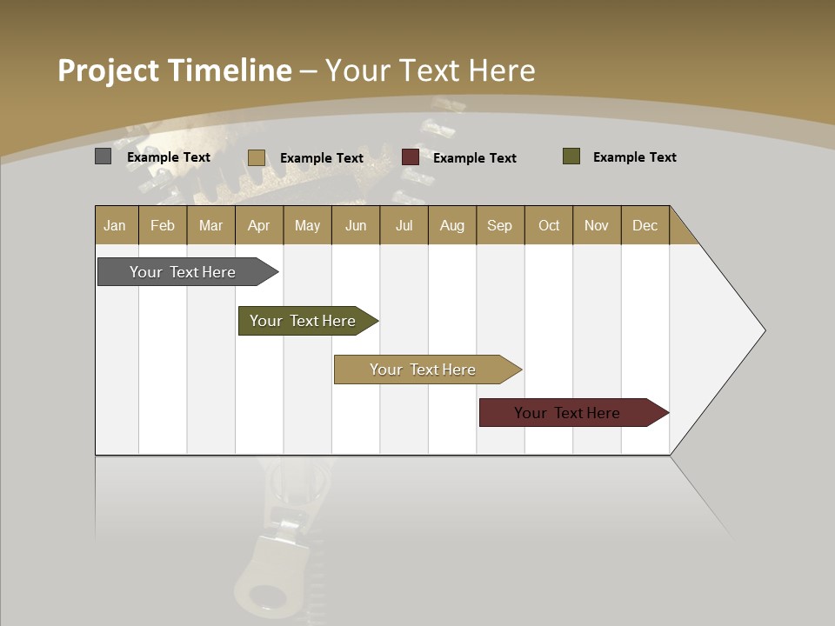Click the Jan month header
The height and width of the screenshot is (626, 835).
116,225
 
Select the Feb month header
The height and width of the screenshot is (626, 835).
163,225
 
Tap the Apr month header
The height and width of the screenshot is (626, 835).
259,225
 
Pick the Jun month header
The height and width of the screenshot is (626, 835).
356,225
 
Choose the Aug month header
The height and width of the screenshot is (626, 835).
452,225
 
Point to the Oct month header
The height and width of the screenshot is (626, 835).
549,225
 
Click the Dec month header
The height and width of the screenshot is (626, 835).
645,225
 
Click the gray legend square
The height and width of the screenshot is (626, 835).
103,156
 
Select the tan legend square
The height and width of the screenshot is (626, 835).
256,157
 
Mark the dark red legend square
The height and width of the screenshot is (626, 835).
411,157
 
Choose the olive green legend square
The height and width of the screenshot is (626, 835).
571,156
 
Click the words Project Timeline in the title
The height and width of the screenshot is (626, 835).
175,70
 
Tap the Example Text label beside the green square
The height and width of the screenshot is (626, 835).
634,157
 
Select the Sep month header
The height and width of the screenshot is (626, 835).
500,225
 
